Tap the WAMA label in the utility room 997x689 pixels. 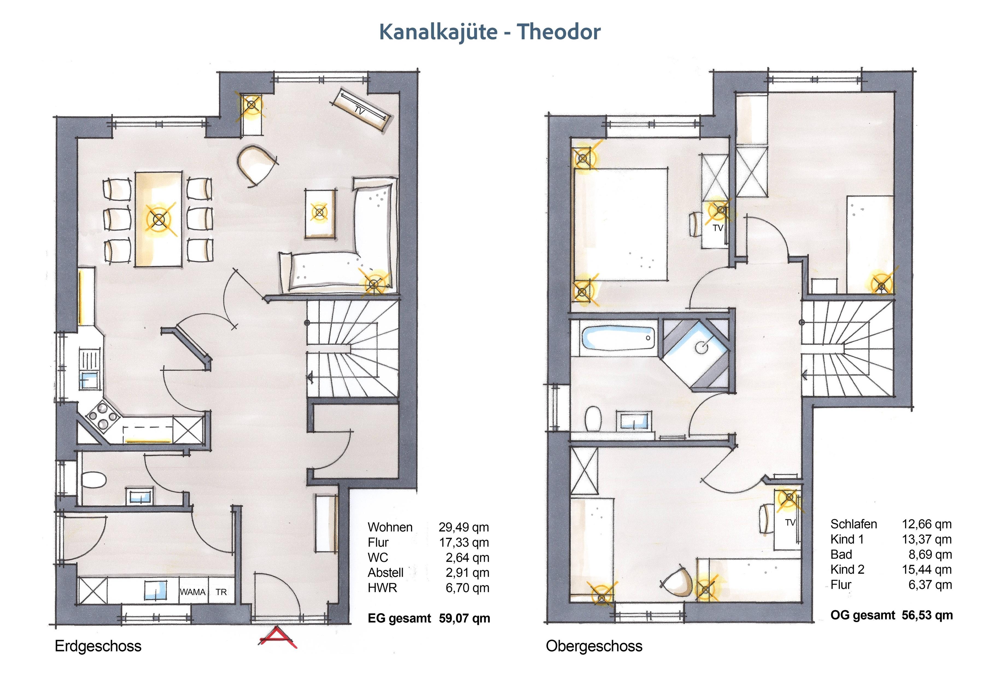click(192, 592)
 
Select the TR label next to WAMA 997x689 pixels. click(221, 592)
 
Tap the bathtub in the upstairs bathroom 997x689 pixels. click(618, 338)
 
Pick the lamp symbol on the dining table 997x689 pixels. click(159, 220)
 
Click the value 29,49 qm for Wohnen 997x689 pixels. click(464, 527)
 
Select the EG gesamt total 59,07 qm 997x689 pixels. click(464, 618)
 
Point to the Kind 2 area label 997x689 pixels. click(847, 570)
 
